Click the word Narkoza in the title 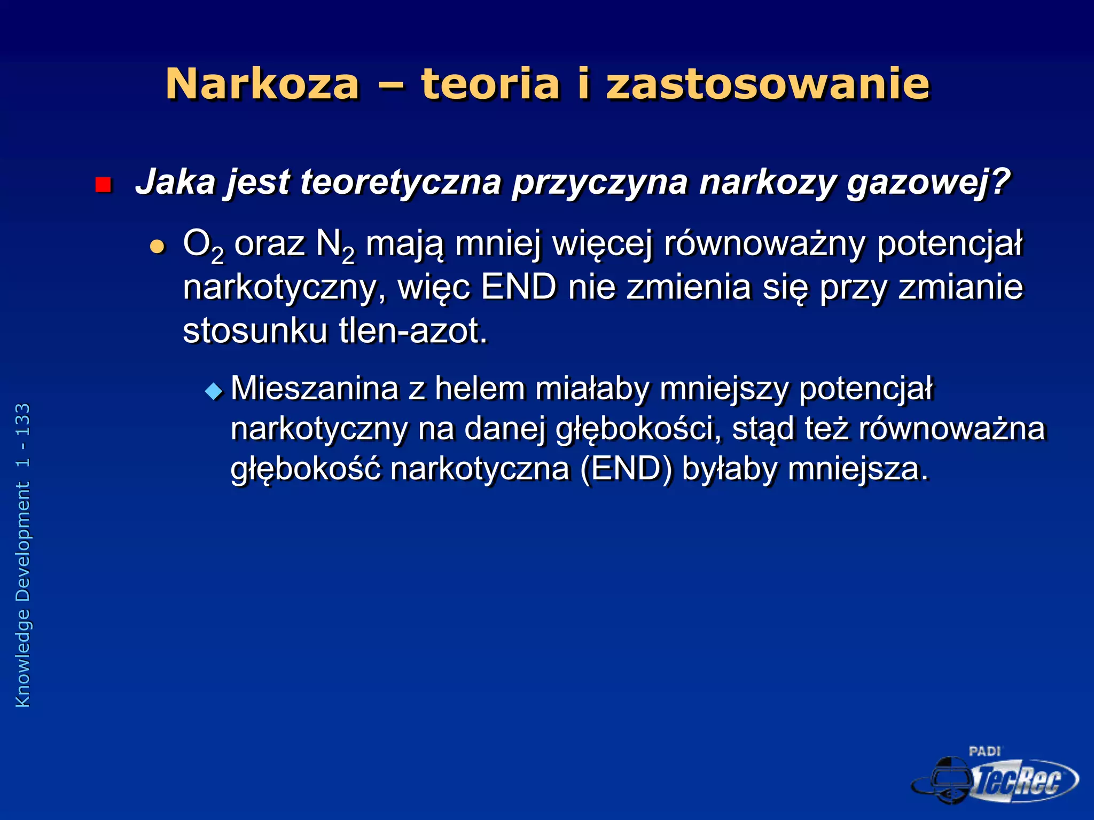[x=262, y=84]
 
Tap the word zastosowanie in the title [x=768, y=84]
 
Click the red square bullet [x=103, y=185]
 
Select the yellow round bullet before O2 [x=157, y=246]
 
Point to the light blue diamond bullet [x=214, y=392]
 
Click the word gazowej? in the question [x=928, y=183]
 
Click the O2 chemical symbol [x=202, y=246]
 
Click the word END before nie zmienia [x=518, y=287]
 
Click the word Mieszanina [x=315, y=388]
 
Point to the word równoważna [x=951, y=429]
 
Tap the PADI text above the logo [x=984, y=752]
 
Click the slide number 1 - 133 [x=23, y=436]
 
